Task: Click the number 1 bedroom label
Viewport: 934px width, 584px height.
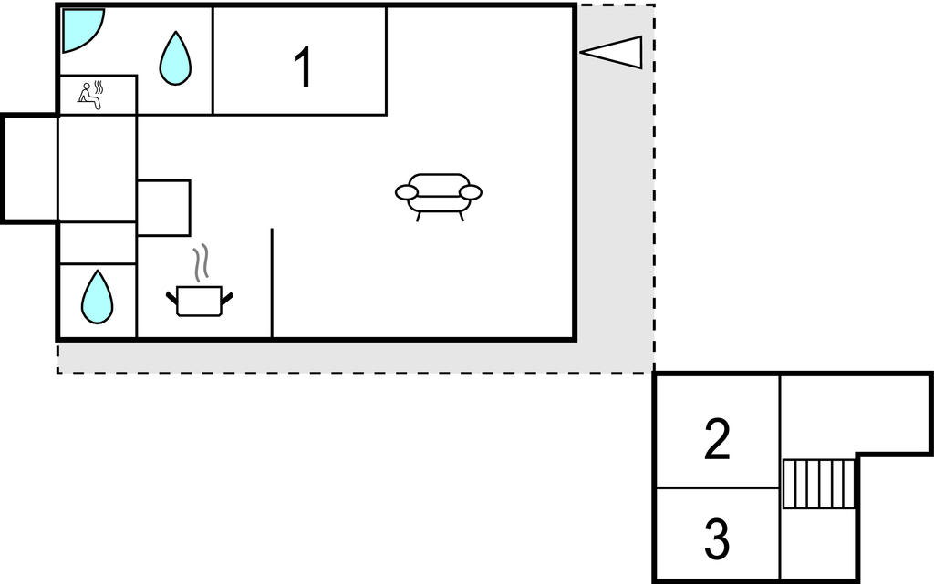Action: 303,67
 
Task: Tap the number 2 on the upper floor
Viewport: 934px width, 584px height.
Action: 717,439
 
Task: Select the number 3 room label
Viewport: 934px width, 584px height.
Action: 717,539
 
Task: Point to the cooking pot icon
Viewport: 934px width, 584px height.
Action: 200,301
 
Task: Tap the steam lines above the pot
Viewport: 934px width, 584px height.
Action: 202,262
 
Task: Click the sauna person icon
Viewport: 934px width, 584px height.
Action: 90,96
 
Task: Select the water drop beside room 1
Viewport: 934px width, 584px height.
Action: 176,58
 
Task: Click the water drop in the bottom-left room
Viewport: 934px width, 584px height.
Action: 97,297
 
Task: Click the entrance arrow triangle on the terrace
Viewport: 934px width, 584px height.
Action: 612,52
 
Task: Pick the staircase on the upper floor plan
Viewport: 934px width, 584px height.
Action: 818,484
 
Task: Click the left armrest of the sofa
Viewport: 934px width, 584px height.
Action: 407,192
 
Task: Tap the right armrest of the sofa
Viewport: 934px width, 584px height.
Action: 471,192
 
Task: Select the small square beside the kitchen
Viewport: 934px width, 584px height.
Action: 164,208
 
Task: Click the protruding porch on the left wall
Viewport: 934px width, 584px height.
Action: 30,169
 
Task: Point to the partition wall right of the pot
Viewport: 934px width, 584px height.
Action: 272,283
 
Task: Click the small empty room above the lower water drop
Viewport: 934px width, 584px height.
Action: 98,242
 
